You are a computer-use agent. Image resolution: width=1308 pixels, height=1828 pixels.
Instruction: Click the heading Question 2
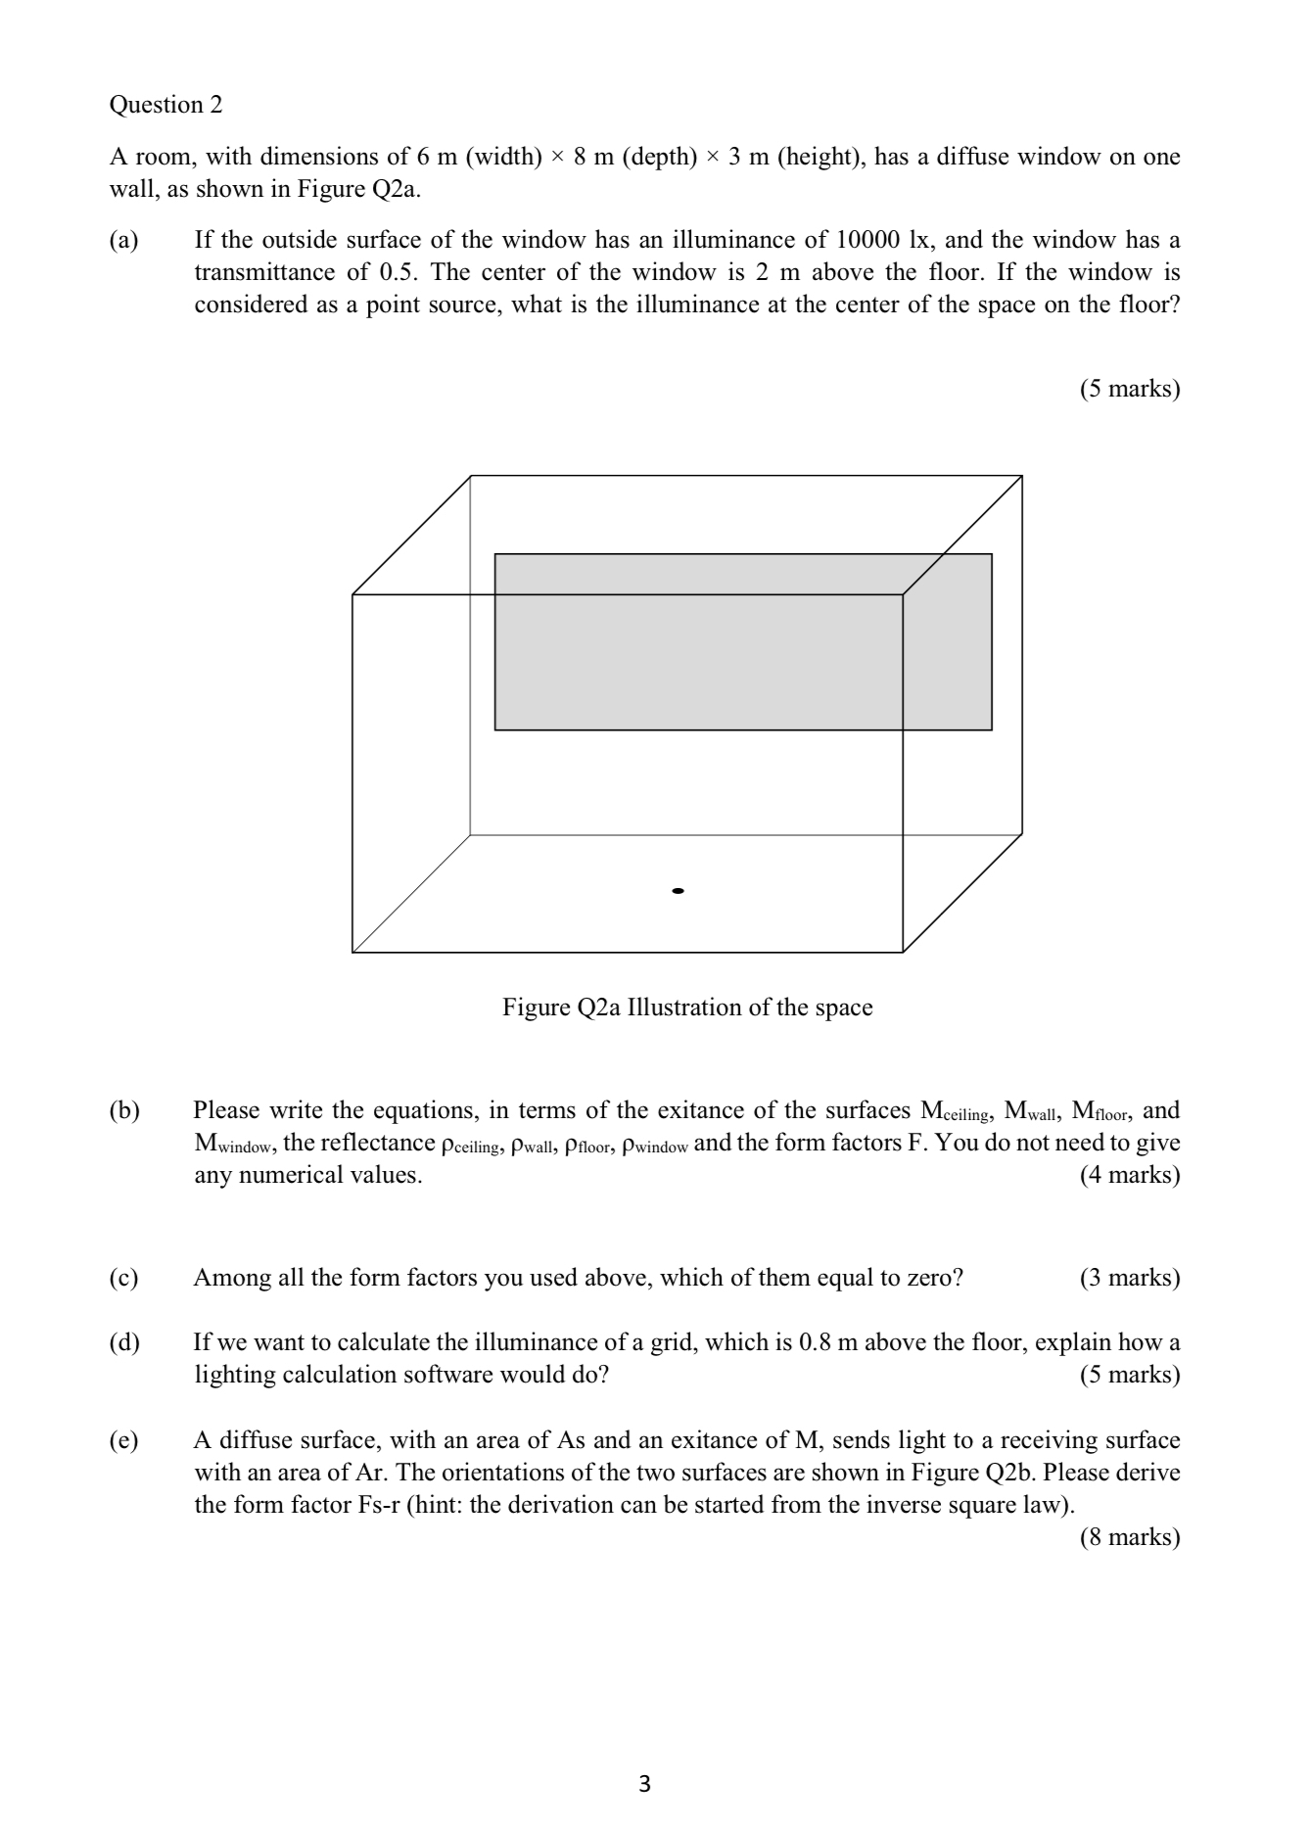(165, 105)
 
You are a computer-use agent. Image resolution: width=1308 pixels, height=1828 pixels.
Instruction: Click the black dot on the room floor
(677, 891)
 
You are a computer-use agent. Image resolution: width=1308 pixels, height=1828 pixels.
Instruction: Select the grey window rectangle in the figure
(742, 641)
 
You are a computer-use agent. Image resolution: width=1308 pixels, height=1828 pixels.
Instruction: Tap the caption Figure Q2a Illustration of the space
(687, 1008)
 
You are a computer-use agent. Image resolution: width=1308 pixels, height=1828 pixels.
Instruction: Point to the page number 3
(644, 1784)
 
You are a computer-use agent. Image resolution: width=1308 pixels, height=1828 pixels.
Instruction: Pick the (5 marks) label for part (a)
(1130, 389)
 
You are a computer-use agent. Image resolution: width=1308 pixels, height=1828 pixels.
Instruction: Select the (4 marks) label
(1130, 1175)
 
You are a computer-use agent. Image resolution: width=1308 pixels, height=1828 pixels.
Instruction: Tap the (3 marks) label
(1130, 1278)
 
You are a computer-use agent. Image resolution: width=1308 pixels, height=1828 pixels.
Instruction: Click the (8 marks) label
(1130, 1537)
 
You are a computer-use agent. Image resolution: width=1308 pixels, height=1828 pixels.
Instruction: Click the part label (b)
(124, 1110)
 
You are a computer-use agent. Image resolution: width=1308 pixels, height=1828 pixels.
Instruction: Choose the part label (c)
(124, 1278)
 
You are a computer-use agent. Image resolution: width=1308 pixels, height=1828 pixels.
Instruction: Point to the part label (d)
(124, 1342)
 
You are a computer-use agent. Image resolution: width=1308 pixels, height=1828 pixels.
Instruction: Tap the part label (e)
(124, 1440)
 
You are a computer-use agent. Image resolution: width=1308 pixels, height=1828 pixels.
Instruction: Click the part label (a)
(124, 240)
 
